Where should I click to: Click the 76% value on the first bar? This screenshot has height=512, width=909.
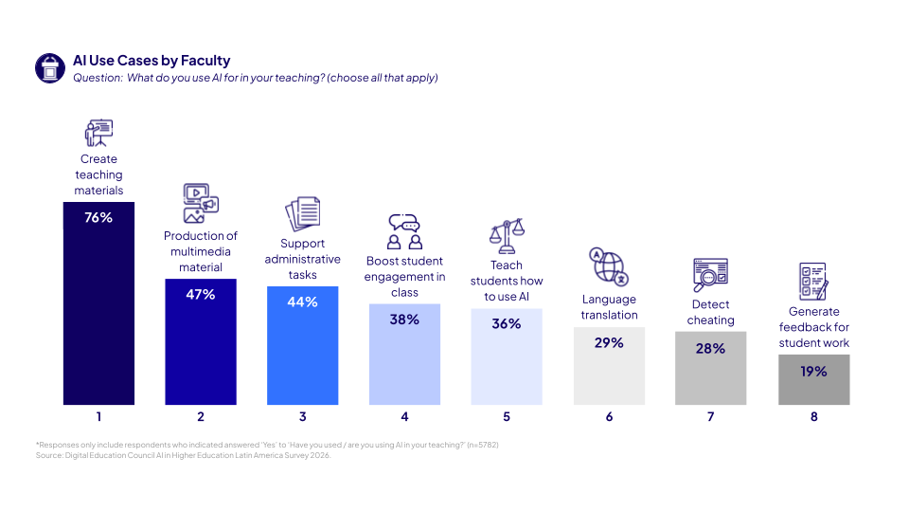coord(98,218)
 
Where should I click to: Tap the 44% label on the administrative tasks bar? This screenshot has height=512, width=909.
coord(303,302)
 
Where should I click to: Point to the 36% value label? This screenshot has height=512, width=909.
coord(507,324)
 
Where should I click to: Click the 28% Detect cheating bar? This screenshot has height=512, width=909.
coord(711,375)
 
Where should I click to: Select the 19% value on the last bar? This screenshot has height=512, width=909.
coord(813,372)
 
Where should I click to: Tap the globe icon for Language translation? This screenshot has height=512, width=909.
coord(608,266)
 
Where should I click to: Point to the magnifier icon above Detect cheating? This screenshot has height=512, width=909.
coord(710,275)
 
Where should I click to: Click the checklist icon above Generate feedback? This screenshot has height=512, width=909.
coord(813,282)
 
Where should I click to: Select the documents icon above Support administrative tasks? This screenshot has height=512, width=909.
coord(303,213)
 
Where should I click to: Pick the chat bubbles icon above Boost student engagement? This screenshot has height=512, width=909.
coord(404,231)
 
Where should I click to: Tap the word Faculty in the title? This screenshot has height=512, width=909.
coord(206,61)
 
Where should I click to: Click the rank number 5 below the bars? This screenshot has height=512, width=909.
coord(507,416)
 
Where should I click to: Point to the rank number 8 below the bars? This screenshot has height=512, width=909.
coord(813,416)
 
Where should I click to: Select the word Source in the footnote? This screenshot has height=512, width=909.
coord(47,456)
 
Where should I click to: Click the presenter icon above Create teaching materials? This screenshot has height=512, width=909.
coord(98,133)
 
